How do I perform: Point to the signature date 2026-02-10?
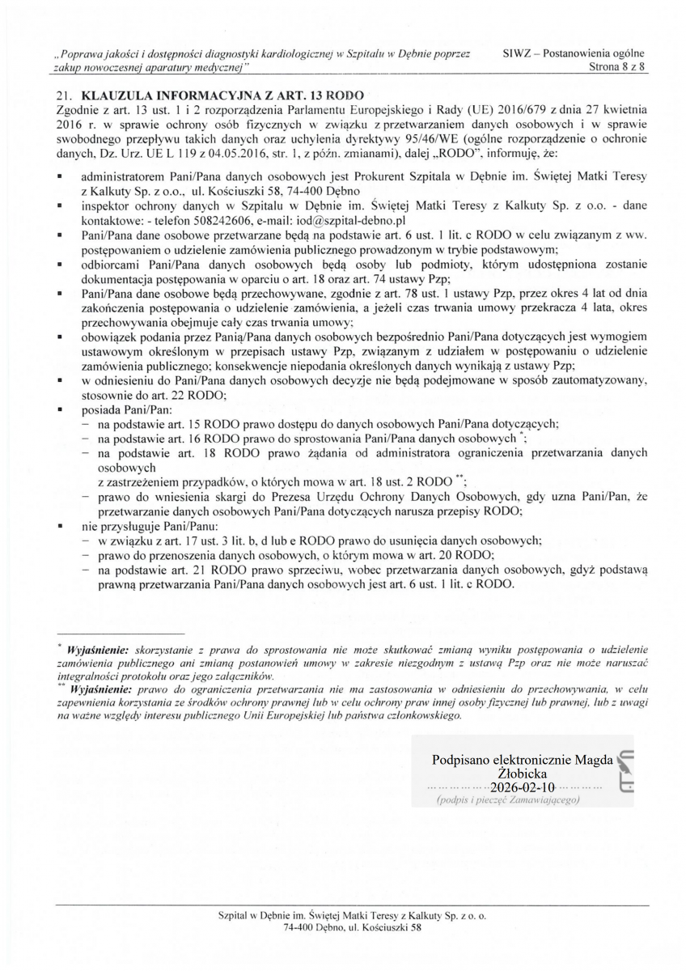522,787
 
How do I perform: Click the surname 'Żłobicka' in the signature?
522,774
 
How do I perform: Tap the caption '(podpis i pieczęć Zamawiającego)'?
508,801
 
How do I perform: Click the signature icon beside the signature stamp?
625,772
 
